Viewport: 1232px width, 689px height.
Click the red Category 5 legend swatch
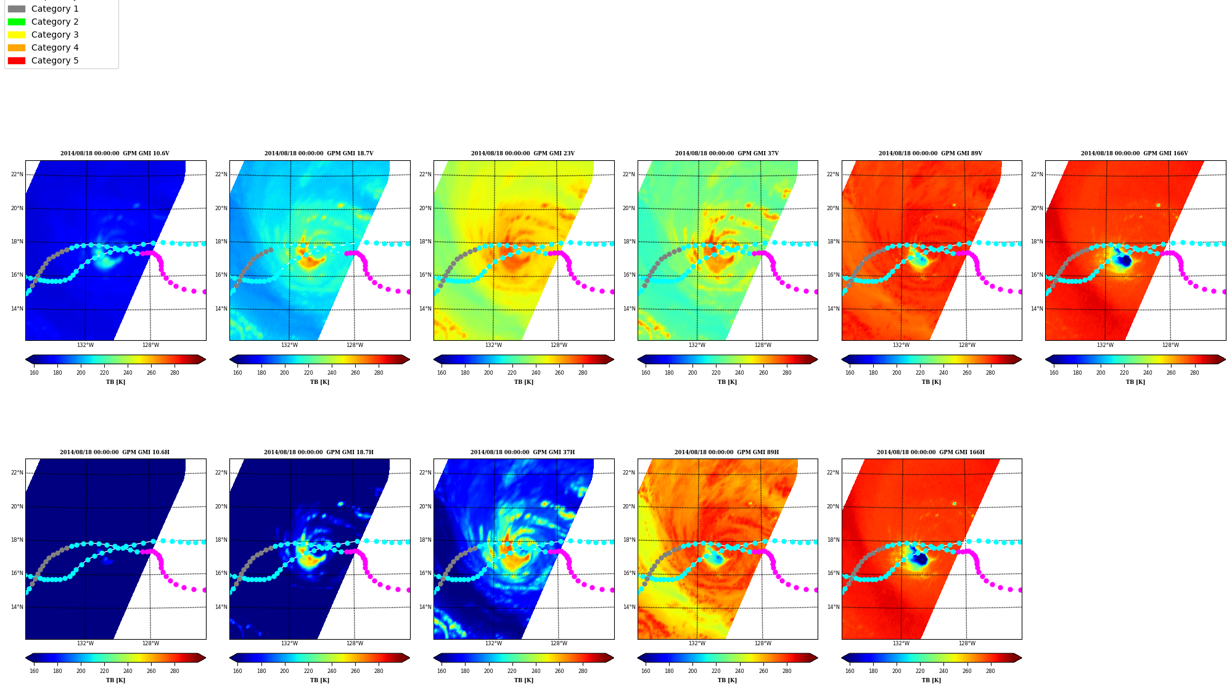pos(17,60)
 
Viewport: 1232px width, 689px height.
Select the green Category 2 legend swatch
pos(17,22)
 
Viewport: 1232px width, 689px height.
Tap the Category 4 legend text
pos(55,47)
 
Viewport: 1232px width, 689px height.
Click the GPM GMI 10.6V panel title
pos(115,153)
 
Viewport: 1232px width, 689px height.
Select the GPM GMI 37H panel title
pos(522,452)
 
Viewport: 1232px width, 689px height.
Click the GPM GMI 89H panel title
pos(726,452)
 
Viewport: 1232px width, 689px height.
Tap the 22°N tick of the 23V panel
pos(425,174)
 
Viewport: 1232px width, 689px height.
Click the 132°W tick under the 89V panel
pos(901,345)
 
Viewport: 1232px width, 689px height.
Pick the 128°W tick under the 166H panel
pos(967,643)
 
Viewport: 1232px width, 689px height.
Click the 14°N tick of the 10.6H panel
pos(17,607)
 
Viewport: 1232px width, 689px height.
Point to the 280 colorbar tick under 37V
pos(787,373)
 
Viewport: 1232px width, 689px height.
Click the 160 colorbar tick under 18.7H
pos(237,671)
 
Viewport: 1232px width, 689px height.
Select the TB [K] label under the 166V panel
pos(1135,382)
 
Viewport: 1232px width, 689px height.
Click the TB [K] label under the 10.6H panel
pos(115,680)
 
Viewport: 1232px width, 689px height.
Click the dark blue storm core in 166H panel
pos(920,559)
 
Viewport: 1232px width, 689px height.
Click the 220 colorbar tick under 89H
pos(716,671)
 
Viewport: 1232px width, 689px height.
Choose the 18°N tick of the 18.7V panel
pos(221,242)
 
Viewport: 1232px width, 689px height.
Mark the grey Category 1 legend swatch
pos(17,9)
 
